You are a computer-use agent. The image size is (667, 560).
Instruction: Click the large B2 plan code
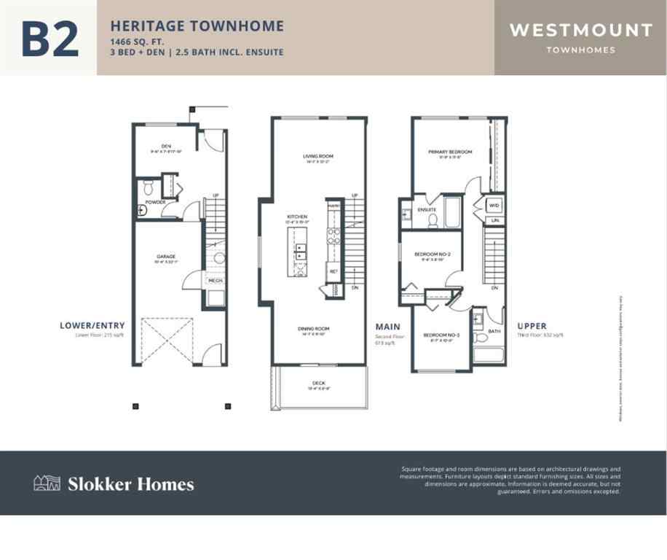pyautogui.click(x=50, y=39)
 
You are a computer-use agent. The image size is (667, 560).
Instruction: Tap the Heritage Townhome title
pyautogui.click(x=197, y=26)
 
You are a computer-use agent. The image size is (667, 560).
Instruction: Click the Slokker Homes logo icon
pyautogui.click(x=47, y=483)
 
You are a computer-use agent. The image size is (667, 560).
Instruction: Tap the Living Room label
pyautogui.click(x=317, y=156)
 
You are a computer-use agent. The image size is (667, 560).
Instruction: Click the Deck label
pyautogui.click(x=319, y=384)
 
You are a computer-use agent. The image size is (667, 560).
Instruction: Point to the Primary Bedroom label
pyautogui.click(x=450, y=152)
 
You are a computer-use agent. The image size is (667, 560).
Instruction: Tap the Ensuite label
pyautogui.click(x=426, y=210)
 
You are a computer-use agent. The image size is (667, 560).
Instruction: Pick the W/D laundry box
pyautogui.click(x=494, y=206)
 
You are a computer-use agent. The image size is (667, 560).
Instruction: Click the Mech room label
pyautogui.click(x=216, y=280)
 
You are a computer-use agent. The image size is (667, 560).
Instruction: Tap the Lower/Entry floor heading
pyautogui.click(x=92, y=326)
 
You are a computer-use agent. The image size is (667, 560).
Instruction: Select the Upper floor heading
pyautogui.click(x=532, y=326)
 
